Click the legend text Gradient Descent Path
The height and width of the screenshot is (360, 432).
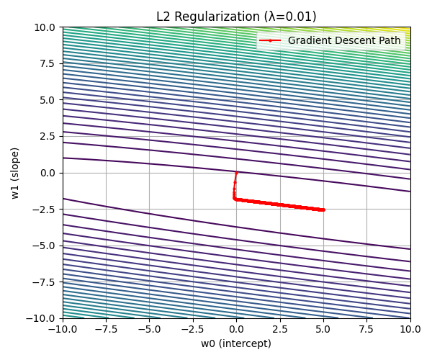coord(344,40)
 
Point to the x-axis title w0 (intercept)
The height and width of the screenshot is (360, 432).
coord(236,343)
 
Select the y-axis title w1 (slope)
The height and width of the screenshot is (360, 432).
coord(15,173)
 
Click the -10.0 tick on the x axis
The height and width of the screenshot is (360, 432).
coord(63,328)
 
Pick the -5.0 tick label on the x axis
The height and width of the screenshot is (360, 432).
coord(150,328)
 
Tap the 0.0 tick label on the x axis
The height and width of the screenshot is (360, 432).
coord(236,328)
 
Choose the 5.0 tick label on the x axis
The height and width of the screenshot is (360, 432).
coord(323,328)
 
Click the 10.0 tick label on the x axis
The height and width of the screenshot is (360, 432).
coord(410,328)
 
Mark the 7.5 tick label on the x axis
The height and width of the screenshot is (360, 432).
coord(366,328)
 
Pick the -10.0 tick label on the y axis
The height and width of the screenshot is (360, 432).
coord(44,318)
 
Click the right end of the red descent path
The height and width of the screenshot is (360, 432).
coord(323,210)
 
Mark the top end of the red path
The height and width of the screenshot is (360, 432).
coord(236,173)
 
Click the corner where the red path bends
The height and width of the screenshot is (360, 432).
coord(234,199)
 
